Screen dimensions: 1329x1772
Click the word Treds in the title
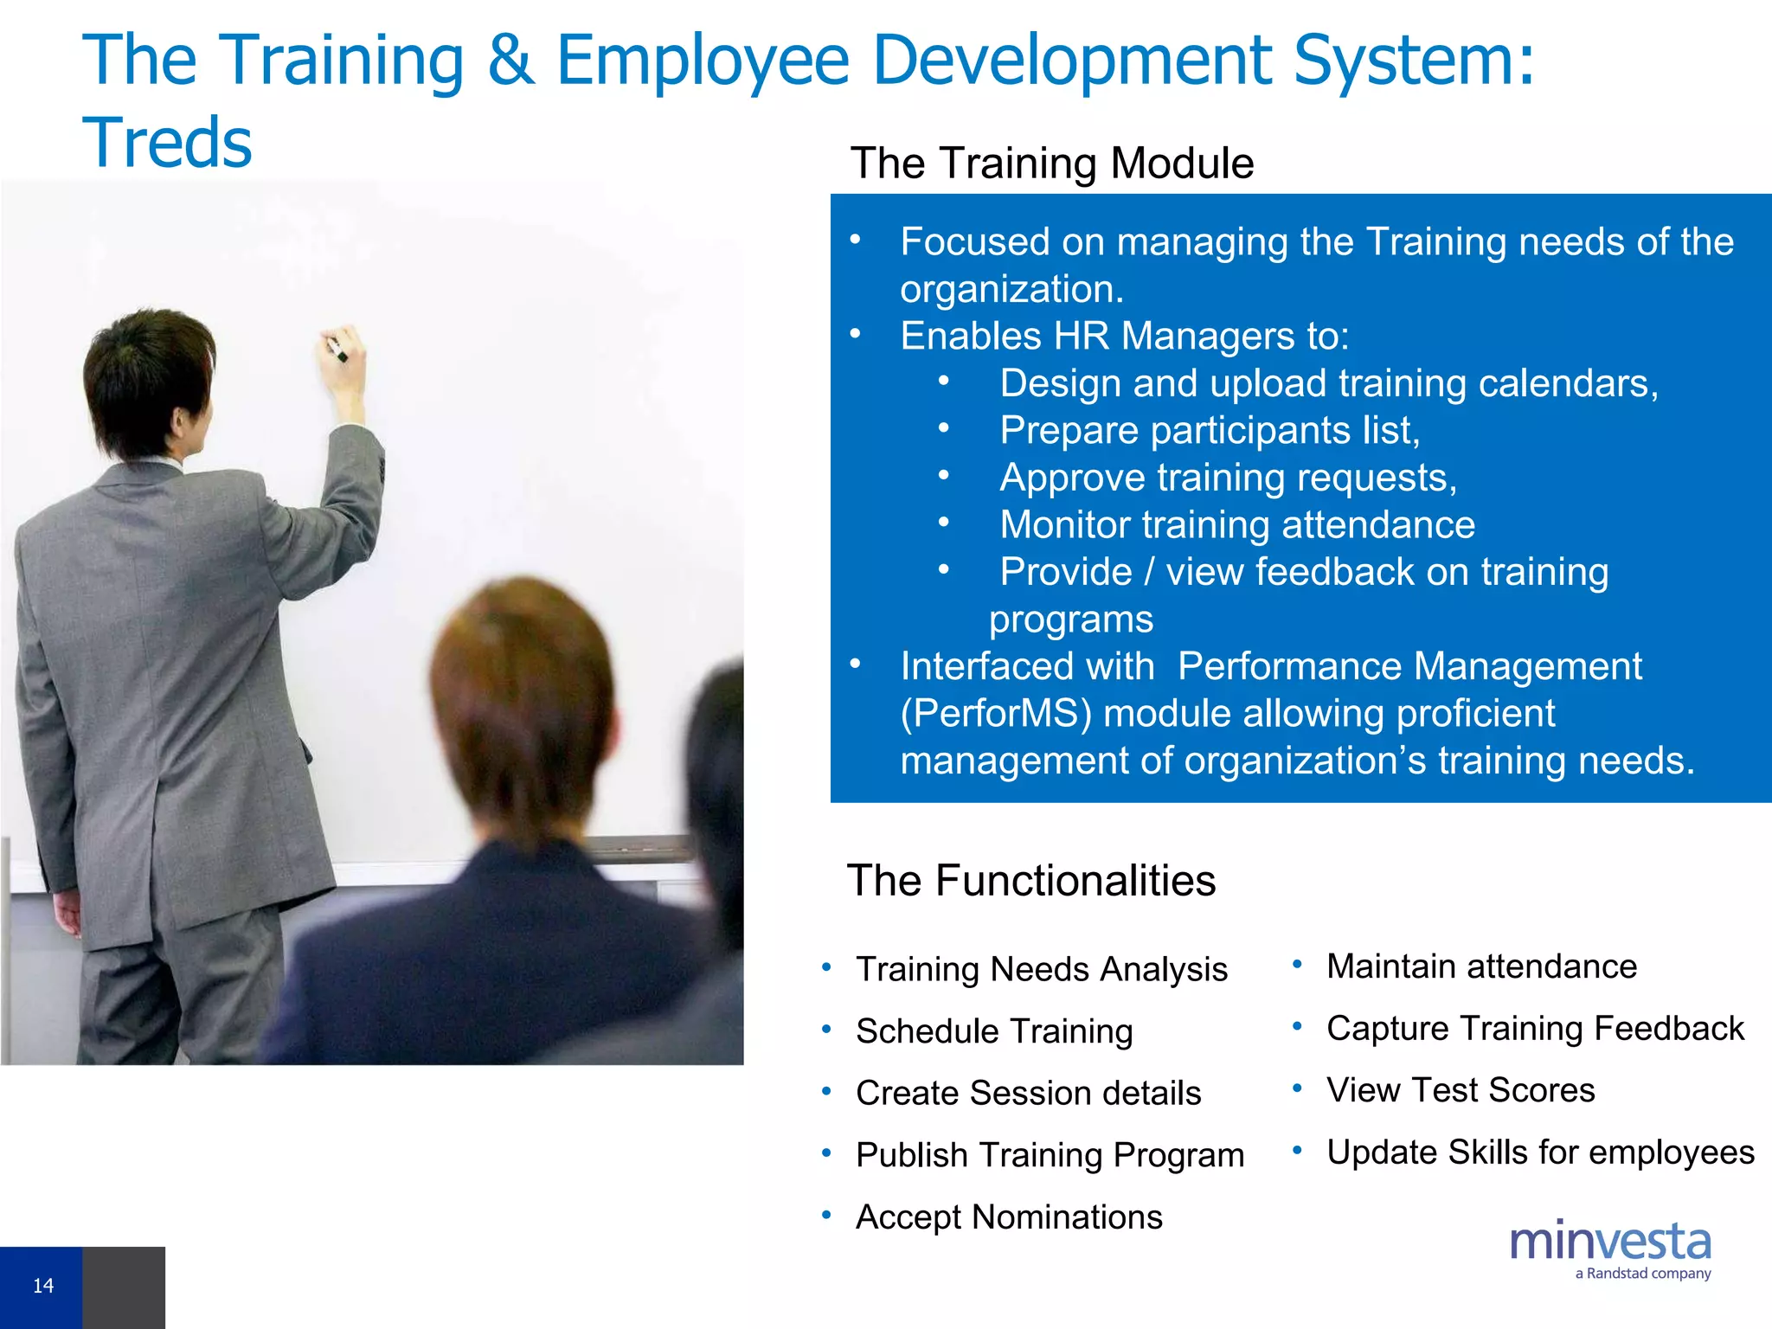click(167, 143)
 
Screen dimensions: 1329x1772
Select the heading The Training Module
click(1051, 163)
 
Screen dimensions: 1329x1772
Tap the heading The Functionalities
click(1030, 881)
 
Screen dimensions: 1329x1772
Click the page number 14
click(42, 1286)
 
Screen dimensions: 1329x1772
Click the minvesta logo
click(1609, 1242)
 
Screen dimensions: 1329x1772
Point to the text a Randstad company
click(1642, 1274)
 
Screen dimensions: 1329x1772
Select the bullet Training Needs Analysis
click(1041, 969)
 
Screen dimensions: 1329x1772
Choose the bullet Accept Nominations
click(1008, 1217)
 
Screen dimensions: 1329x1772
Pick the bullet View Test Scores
click(1460, 1090)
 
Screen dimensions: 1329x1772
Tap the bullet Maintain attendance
click(1480, 966)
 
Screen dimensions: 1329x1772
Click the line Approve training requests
click(1228, 478)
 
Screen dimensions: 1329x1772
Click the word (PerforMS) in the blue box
click(996, 714)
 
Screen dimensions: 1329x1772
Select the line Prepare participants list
click(1209, 431)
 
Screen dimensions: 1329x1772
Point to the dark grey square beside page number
click(123, 1287)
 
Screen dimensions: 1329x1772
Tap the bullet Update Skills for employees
click(1539, 1152)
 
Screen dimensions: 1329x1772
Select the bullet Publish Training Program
click(1050, 1155)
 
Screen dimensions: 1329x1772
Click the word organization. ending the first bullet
click(1011, 289)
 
